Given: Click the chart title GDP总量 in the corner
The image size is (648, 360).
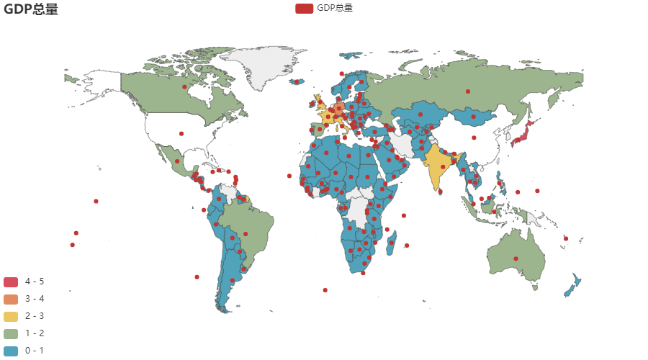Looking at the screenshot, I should click(x=30, y=9).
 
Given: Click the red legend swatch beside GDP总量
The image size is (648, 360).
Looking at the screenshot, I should click(x=304, y=8).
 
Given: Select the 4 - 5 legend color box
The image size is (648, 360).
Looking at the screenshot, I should click(x=11, y=282).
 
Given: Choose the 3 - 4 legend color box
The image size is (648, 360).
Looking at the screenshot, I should click(x=11, y=299).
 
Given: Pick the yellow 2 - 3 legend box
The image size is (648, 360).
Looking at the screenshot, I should click(x=11, y=316).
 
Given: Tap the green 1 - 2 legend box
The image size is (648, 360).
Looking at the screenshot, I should click(x=11, y=333).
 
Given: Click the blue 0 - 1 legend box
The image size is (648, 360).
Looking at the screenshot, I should click(x=11, y=351).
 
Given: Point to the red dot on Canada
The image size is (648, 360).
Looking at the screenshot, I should click(x=185, y=87).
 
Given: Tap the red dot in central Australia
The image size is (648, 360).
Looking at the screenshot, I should click(x=516, y=258).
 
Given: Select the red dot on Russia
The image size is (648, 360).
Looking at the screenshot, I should click(x=468, y=91).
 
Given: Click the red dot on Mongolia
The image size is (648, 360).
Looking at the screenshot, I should click(x=473, y=116).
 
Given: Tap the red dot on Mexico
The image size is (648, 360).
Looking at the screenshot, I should click(x=176, y=161).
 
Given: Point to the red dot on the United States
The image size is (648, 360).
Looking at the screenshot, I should click(x=181, y=133).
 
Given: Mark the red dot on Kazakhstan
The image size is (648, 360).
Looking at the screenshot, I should click(x=420, y=114).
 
